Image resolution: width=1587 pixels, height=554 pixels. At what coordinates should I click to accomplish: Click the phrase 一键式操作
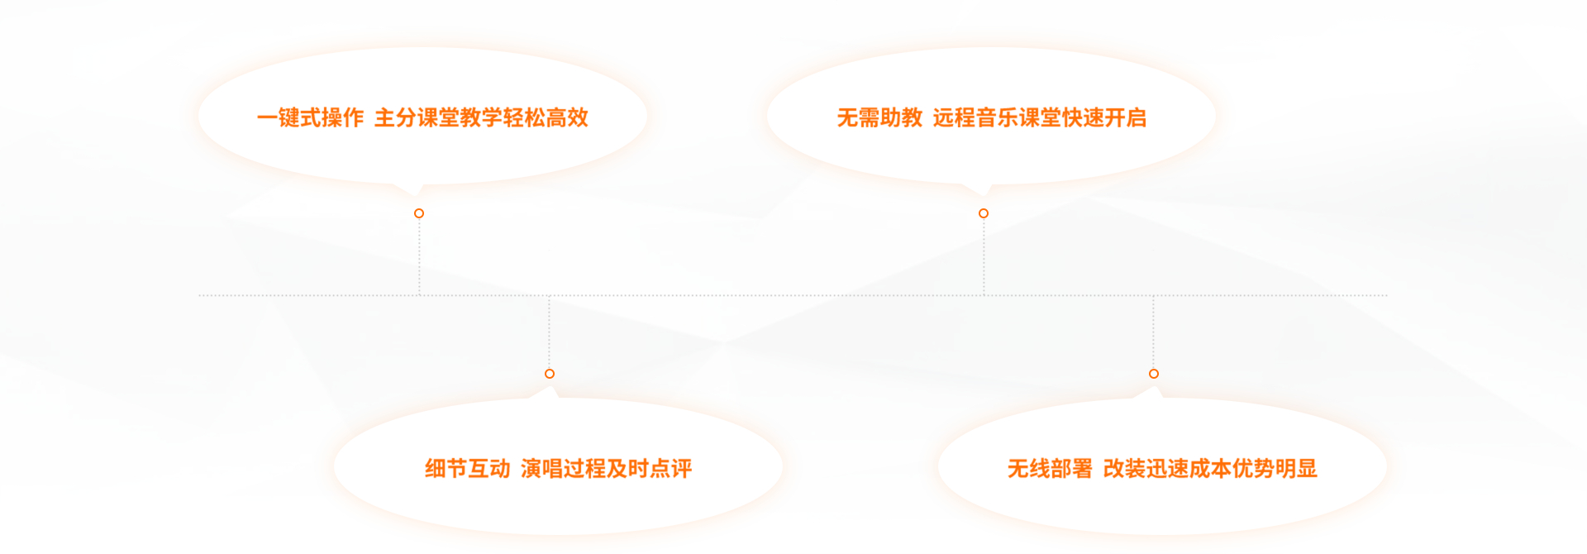pos(310,117)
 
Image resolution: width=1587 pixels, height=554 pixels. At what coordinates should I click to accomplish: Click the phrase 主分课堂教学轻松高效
pos(481,117)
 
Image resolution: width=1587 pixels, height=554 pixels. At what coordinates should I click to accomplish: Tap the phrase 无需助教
pos(879,117)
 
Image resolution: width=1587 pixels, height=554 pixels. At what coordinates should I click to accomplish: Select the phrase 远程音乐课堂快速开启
pos(1039,117)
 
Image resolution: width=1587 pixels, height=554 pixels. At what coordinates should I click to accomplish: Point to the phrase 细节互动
pos(467,469)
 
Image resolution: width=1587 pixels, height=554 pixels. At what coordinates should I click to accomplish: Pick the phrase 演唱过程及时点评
pos(606,469)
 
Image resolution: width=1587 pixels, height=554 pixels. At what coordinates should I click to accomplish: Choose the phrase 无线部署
pos(1050,469)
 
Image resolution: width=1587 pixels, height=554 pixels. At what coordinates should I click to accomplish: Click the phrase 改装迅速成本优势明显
pos(1209,469)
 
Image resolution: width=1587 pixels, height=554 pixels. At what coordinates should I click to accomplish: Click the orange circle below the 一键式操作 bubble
pos(419,213)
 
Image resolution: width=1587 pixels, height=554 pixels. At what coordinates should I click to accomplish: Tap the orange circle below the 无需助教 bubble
pos(984,213)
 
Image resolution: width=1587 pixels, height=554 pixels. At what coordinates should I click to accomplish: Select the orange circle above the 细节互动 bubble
pos(550,374)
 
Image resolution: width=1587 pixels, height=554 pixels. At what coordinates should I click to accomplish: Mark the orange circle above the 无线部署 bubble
pos(1154,374)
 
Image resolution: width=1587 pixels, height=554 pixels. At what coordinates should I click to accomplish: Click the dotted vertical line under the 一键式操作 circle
pos(419,256)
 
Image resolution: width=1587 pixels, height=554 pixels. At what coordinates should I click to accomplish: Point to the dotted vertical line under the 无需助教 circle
pos(984,256)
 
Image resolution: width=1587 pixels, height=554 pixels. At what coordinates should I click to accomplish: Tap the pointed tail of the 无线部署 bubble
pos(1149,392)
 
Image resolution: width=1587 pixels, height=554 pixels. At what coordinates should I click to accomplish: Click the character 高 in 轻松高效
pos(556,117)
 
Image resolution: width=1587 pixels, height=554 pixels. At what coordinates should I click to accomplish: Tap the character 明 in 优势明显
pos(1285,469)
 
